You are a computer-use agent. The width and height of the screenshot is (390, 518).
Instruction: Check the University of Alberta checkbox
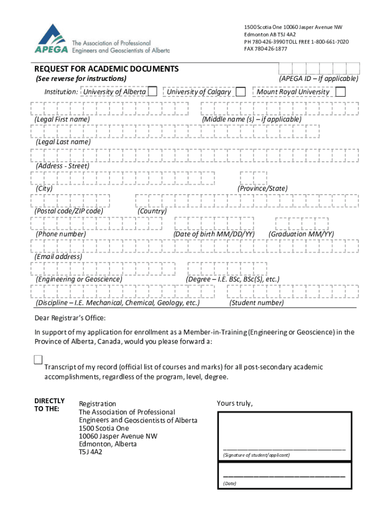pyautogui.click(x=152, y=92)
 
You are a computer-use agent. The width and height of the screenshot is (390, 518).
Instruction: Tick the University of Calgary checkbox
pyautogui.click(x=241, y=92)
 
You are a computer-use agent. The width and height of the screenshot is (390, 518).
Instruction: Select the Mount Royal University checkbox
pyautogui.click(x=341, y=92)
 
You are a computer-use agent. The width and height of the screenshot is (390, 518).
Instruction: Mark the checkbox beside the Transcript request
pyautogui.click(x=38, y=360)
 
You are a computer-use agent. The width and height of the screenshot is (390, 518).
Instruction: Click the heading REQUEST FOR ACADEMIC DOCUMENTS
pyautogui.click(x=106, y=69)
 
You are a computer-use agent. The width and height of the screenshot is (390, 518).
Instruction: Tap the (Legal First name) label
pyautogui.click(x=62, y=119)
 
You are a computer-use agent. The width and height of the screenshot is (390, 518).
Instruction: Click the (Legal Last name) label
pyautogui.click(x=63, y=142)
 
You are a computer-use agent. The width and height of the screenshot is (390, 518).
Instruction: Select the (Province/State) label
pyautogui.click(x=262, y=189)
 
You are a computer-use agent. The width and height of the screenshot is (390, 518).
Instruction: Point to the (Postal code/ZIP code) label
pyautogui.click(x=69, y=211)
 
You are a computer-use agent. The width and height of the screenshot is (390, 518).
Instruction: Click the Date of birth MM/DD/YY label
pyautogui.click(x=214, y=234)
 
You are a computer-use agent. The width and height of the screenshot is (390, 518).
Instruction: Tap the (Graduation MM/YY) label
pyautogui.click(x=301, y=234)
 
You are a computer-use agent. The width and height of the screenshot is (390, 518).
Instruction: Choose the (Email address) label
pyautogui.click(x=58, y=257)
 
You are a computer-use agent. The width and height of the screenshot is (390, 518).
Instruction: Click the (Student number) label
pyautogui.click(x=256, y=303)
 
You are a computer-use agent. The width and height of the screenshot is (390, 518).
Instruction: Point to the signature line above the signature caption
pyautogui.click(x=284, y=449)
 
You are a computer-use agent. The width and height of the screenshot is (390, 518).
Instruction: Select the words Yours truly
pyautogui.click(x=235, y=403)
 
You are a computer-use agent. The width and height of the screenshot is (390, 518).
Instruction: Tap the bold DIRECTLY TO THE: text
pyautogui.click(x=49, y=405)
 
